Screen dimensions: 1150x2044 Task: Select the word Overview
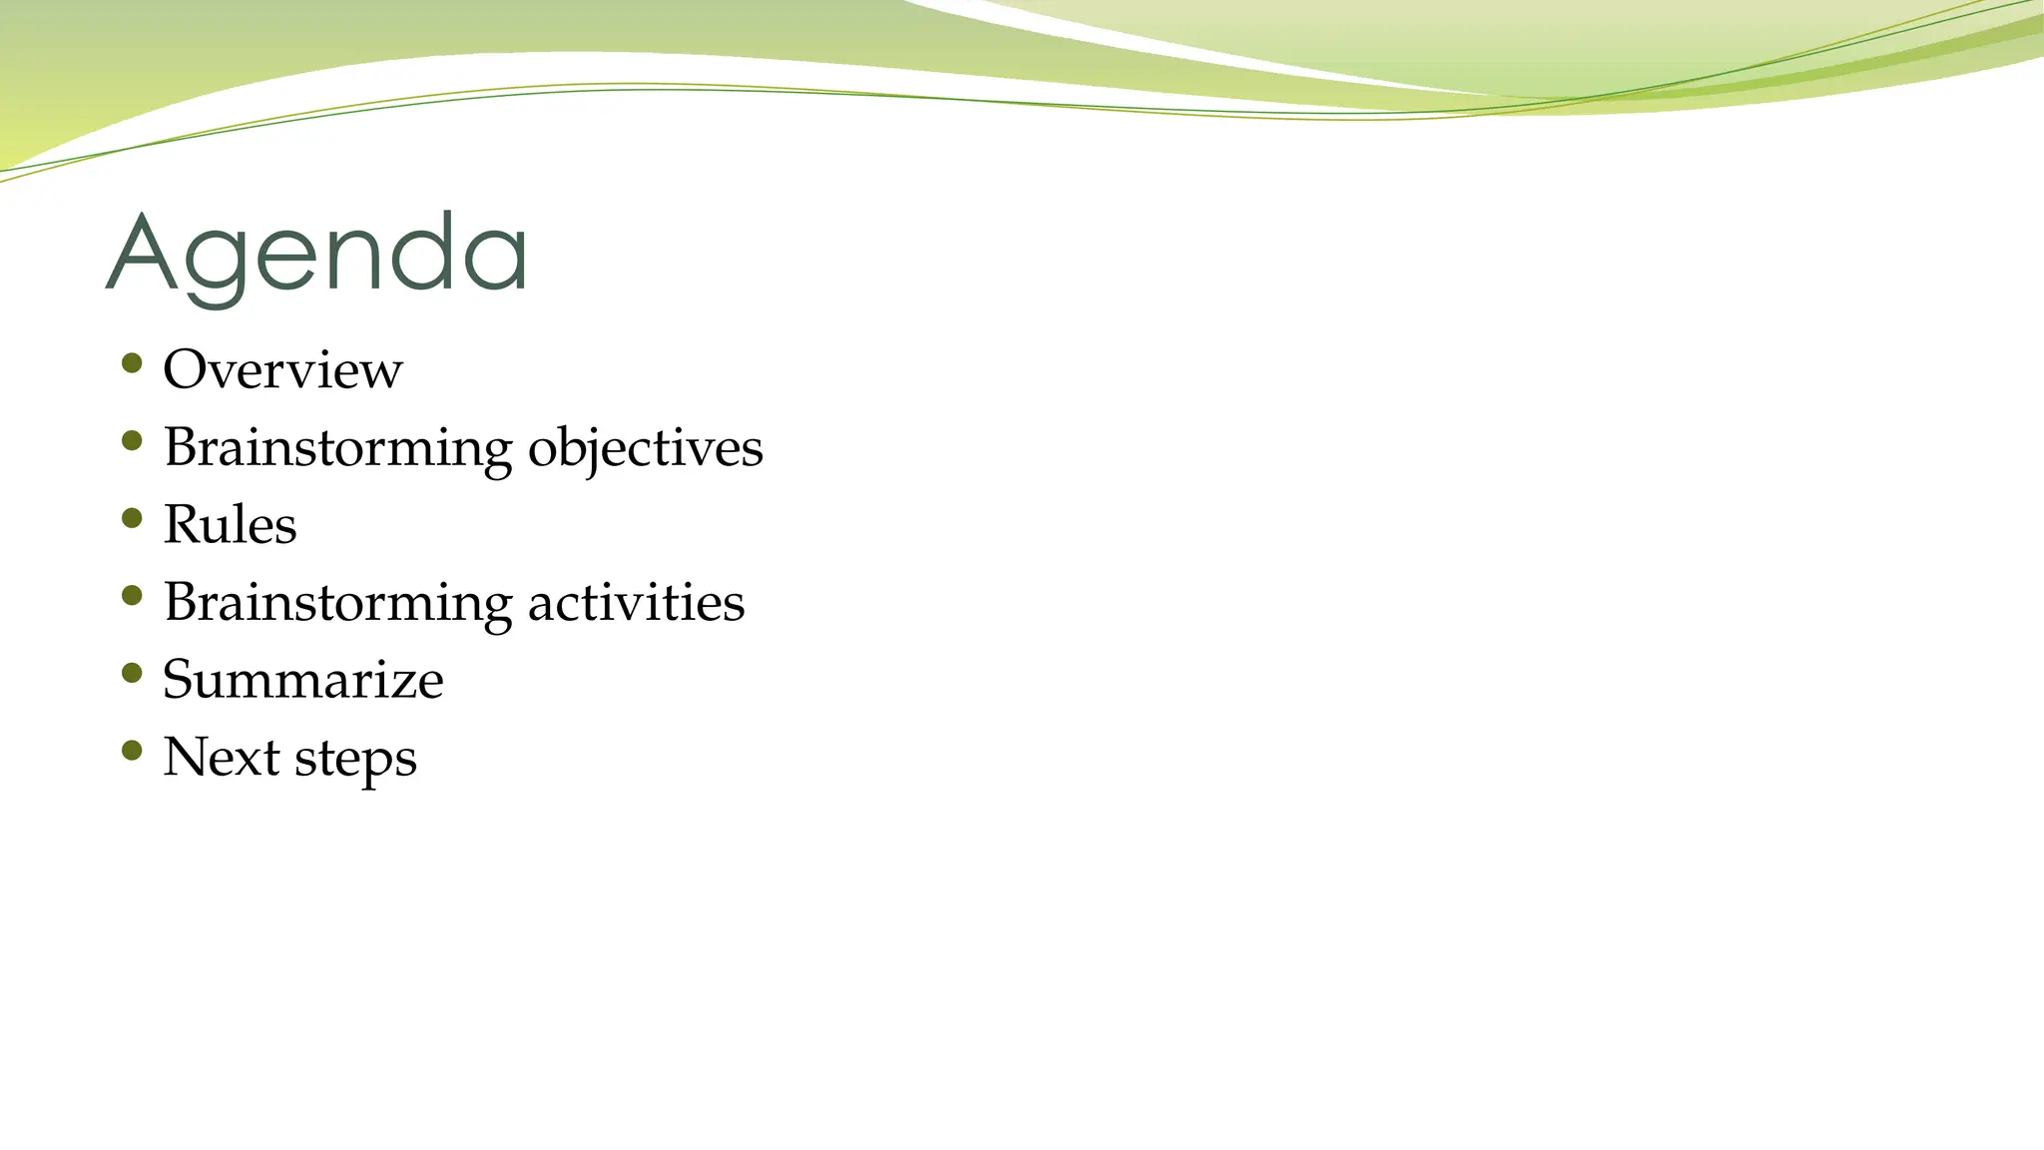coord(282,369)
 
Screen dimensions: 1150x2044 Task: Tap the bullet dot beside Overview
coord(132,362)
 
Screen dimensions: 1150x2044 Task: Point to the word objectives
coord(645,447)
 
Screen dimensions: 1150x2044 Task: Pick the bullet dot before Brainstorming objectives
coord(132,440)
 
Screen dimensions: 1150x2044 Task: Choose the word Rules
coord(230,525)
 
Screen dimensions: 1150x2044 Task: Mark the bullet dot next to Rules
coord(132,518)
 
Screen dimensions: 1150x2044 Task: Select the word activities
coord(636,603)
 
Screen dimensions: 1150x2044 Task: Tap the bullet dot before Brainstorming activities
coord(132,596)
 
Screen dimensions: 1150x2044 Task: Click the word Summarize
coord(302,680)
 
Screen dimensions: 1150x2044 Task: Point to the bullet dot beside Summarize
coord(132,673)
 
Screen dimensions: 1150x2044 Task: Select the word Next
coord(221,757)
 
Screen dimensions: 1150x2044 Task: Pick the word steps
coord(355,759)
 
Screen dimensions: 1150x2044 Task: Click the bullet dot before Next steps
coord(132,750)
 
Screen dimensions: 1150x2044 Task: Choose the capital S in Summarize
coord(179,680)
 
